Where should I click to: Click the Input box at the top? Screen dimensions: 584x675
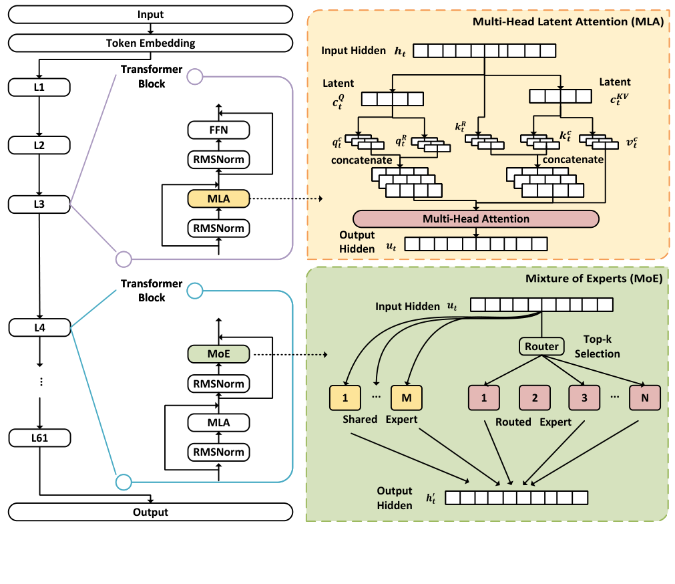click(150, 14)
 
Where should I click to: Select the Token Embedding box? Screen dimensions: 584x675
click(150, 43)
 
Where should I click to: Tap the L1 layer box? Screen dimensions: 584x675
click(39, 87)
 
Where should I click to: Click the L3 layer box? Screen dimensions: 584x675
click(39, 204)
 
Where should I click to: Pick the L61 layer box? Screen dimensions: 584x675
click(39, 438)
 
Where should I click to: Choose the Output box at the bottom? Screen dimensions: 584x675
click(150, 512)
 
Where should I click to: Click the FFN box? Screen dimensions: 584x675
click(218, 130)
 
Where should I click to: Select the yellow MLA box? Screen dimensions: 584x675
click(218, 198)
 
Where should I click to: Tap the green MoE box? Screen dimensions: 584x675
click(218, 353)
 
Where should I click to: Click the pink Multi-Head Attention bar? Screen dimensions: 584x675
click(475, 218)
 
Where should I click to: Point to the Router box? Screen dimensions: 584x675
click(541, 346)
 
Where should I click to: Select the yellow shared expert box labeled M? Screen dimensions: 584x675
click(406, 398)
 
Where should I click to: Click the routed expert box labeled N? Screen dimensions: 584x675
click(644, 398)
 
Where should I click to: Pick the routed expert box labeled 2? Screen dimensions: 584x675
click(535, 398)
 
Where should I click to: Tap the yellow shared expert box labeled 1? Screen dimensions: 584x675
click(345, 398)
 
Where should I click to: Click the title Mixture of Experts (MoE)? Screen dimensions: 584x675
click(596, 278)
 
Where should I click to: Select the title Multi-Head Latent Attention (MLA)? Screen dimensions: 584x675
click(568, 21)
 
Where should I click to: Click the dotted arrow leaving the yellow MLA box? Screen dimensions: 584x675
click(287, 198)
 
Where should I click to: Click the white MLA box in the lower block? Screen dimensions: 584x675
click(218, 422)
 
